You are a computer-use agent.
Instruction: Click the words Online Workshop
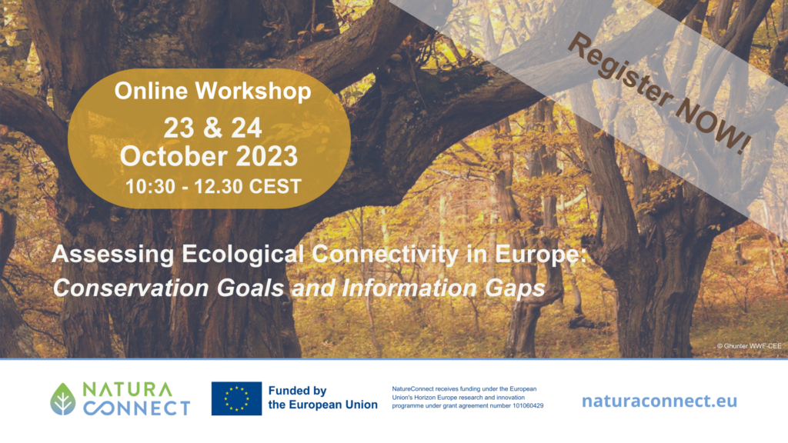(212, 91)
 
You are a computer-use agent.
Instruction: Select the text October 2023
(209, 156)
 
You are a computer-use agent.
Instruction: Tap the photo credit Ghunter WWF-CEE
(750, 346)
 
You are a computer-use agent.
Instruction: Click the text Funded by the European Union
(322, 398)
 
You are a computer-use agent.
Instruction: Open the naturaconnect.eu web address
(659, 401)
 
